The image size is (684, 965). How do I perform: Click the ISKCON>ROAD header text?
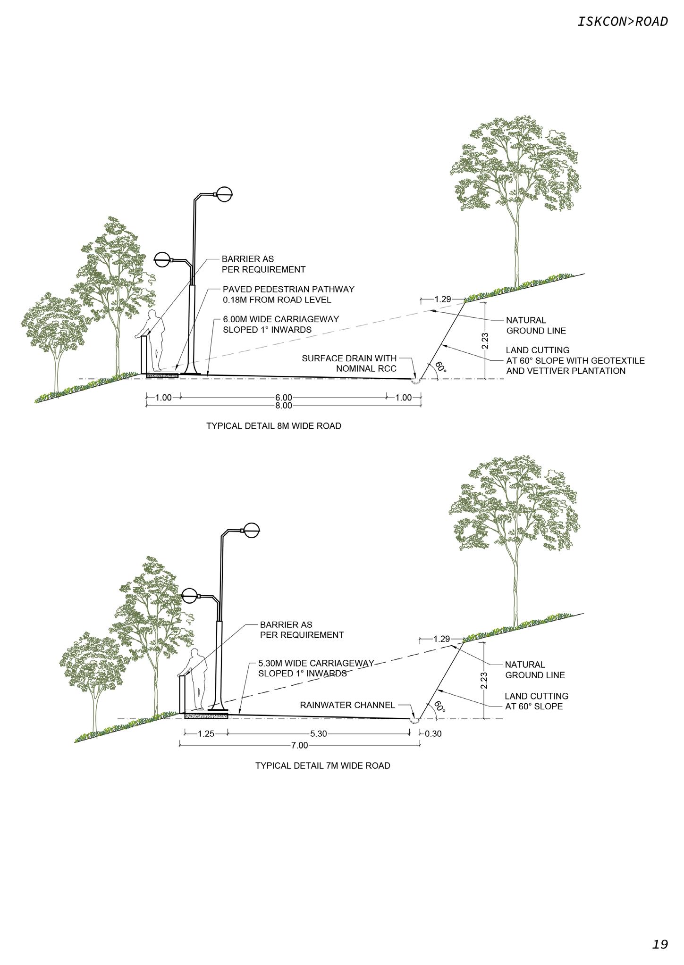coord(623,22)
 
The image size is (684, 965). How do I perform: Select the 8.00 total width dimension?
coord(283,406)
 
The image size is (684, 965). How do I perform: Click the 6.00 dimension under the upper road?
coord(283,398)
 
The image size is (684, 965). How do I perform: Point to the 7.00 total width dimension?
coord(300,745)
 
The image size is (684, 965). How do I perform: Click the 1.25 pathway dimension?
coord(205,734)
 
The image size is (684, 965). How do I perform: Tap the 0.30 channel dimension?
coord(433,734)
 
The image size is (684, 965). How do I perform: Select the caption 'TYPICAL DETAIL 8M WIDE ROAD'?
coord(273,426)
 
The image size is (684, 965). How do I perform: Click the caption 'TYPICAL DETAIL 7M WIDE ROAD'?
coord(322,765)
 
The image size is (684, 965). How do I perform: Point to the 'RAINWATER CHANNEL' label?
coord(347,705)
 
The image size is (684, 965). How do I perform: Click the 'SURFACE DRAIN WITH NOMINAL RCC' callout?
coord(349,363)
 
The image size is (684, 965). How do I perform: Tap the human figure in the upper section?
coord(155,340)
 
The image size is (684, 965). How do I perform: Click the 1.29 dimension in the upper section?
coord(442,299)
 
